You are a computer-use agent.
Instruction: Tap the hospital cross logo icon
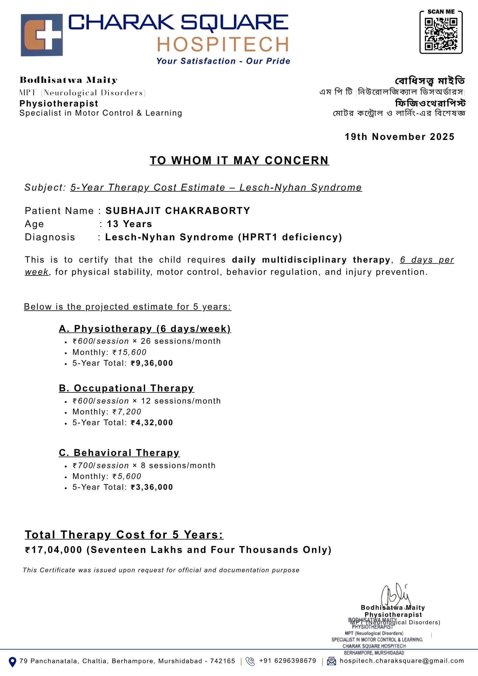(x=42, y=35)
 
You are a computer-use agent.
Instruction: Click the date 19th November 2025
(x=399, y=137)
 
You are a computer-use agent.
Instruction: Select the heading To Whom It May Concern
(x=239, y=160)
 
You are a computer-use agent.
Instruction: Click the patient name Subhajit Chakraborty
(x=178, y=211)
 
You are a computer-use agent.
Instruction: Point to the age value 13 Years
(x=129, y=224)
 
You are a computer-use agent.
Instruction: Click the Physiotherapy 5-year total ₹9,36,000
(x=152, y=363)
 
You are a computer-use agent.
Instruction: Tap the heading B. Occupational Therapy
(x=126, y=388)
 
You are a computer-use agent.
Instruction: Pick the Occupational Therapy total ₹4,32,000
(x=152, y=422)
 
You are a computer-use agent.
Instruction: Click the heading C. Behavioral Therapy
(x=119, y=453)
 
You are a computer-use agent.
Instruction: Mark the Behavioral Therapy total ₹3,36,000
(x=152, y=487)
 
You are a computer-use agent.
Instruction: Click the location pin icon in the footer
(x=12, y=662)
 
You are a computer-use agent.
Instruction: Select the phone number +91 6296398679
(x=287, y=661)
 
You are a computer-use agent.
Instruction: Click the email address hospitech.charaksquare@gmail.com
(x=402, y=661)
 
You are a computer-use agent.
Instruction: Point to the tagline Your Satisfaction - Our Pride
(x=223, y=61)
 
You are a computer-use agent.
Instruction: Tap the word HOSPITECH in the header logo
(x=223, y=44)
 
